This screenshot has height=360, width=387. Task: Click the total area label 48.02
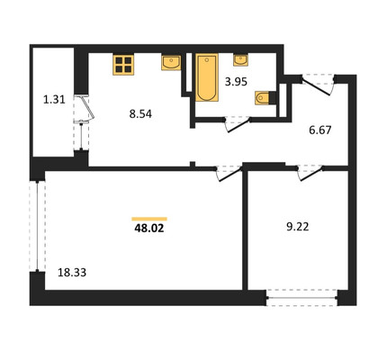tap(149, 229)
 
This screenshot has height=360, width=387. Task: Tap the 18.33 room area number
tap(72, 273)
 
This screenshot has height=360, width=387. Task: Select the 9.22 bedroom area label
tap(298, 227)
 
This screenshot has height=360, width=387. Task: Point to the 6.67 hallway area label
tap(320, 130)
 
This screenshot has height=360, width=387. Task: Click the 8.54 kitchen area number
tap(140, 114)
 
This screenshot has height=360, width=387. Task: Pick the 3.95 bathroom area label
tap(236, 82)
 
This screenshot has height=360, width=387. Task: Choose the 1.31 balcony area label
tap(54, 99)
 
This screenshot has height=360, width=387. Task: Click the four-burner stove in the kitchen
tap(123, 64)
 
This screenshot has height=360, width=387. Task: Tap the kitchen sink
tap(171, 62)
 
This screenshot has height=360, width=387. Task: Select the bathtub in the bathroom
tap(207, 77)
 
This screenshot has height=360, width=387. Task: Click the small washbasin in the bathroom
tap(240, 60)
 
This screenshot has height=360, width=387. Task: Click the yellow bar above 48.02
tap(149, 219)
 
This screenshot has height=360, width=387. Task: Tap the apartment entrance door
tap(318, 85)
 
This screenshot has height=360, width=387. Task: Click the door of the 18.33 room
tap(229, 174)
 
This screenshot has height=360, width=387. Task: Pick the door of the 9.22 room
tap(310, 174)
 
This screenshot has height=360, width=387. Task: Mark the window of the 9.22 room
tap(301, 298)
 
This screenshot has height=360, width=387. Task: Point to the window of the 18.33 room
tap(37, 226)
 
